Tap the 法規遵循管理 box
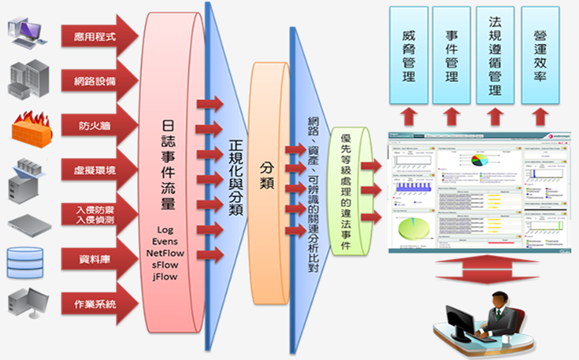(495, 57)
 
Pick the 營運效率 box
(540, 57)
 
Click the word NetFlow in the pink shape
(164, 253)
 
